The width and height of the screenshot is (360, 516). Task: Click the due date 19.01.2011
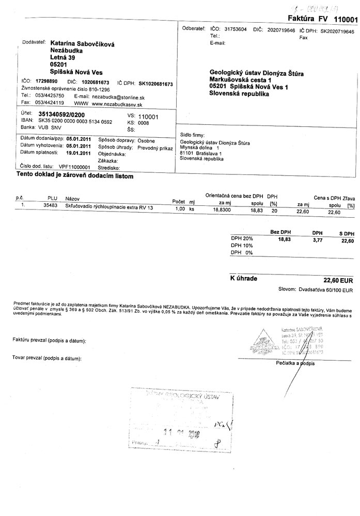[79, 153]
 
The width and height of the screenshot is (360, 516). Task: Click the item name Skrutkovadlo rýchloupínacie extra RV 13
[109, 207]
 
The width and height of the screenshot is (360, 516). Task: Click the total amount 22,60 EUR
[338, 280]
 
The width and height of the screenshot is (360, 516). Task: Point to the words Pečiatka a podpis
[295, 364]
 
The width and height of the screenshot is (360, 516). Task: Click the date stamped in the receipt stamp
[181, 433]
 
